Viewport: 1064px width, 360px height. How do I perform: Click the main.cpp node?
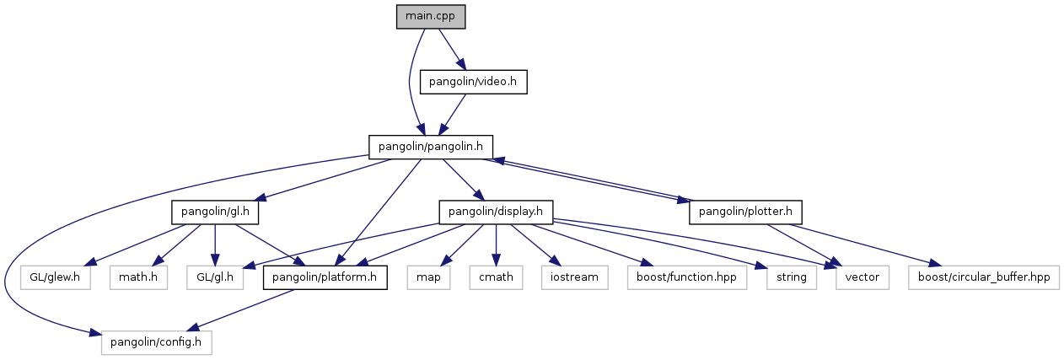[431, 17]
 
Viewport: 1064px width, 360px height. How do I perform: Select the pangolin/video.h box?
[473, 81]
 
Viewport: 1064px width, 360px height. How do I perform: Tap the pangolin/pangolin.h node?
[430, 146]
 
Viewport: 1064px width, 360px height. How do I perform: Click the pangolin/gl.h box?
[214, 212]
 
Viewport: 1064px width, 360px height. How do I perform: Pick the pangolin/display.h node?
[494, 212]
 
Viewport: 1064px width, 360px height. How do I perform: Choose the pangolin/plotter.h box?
[745, 212]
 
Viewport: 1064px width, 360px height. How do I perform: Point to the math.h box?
[137, 277]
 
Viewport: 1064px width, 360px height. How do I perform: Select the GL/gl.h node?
[216, 277]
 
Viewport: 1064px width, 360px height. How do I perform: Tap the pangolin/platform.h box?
[325, 277]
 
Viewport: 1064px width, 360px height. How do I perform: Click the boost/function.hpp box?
[686, 277]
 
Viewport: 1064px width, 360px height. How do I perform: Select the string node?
[791, 277]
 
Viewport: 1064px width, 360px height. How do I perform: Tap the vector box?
[862, 277]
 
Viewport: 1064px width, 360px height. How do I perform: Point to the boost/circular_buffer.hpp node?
[984, 277]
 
